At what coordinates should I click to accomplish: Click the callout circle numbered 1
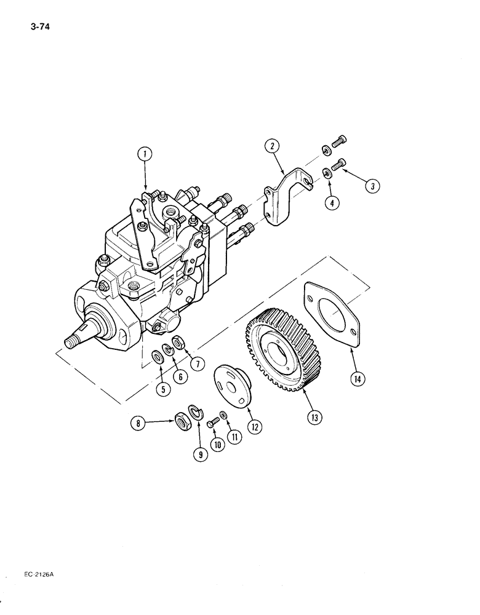145,154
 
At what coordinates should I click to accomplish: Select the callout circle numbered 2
272,146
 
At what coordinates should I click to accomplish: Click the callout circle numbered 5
162,388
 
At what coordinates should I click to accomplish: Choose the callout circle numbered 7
196,363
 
